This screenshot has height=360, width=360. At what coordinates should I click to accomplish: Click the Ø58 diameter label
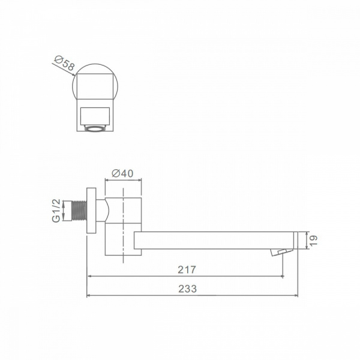(65, 63)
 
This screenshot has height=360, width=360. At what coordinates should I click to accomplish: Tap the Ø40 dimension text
(122, 173)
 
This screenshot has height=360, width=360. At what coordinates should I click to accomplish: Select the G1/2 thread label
(56, 211)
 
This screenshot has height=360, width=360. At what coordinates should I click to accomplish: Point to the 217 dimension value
(187, 269)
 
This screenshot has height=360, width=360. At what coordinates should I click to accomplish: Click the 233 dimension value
(188, 289)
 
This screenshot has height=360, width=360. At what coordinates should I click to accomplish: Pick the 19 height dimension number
(313, 241)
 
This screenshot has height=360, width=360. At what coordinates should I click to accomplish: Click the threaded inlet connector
(79, 211)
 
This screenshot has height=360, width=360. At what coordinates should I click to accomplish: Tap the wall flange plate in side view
(91, 211)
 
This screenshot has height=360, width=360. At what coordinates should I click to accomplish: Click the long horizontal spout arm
(214, 241)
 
